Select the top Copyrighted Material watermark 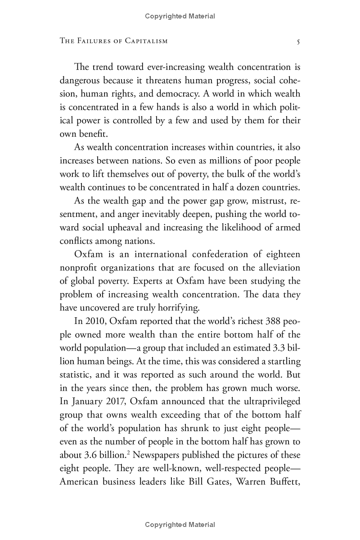(x=180, y=16)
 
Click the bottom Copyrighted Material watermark (x=180, y=525)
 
